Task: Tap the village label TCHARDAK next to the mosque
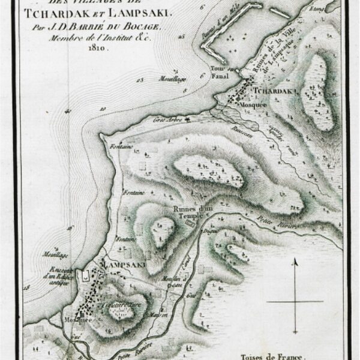(276, 91)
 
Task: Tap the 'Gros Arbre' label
(170, 120)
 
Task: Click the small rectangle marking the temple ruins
(190, 223)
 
